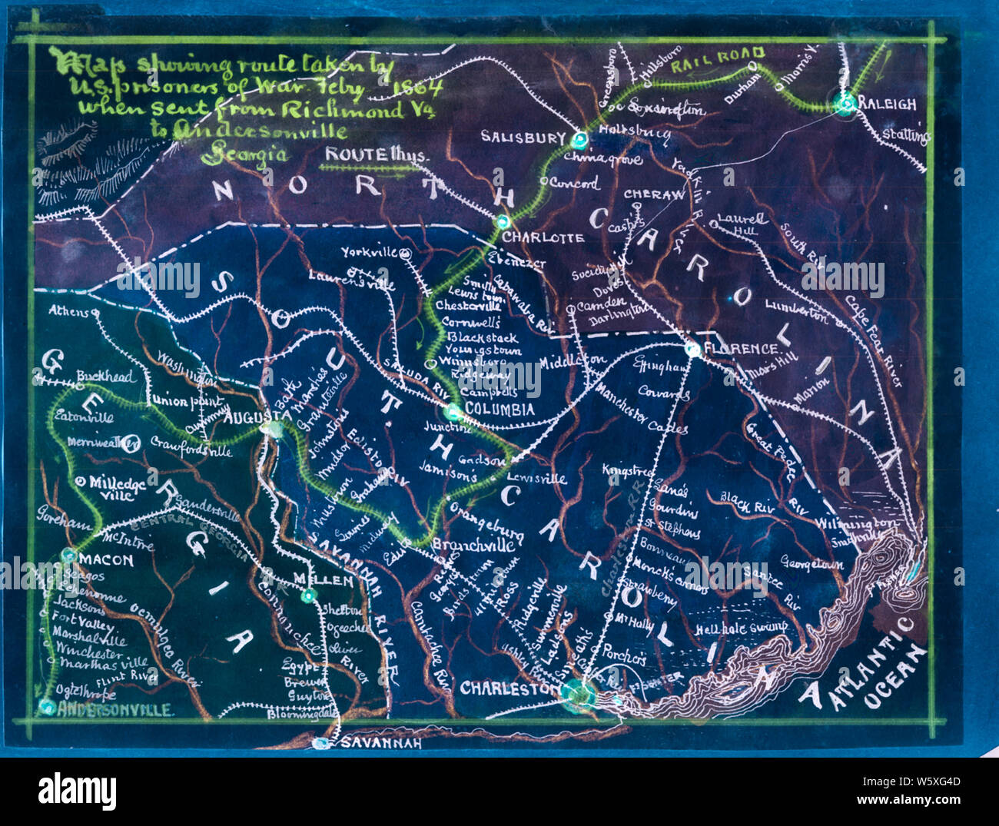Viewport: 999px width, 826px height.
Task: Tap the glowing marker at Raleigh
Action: (847, 102)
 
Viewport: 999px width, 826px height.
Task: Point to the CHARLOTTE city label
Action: (543, 237)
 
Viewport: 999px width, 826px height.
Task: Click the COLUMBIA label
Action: (500, 410)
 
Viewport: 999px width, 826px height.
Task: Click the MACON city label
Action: (106, 560)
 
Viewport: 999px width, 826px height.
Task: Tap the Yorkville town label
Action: (369, 252)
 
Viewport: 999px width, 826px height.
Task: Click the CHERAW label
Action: (653, 195)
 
